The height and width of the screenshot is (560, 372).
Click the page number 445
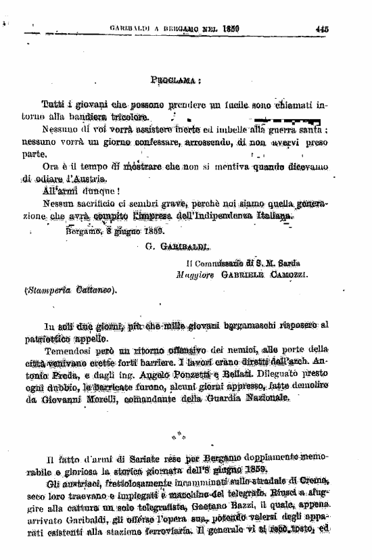pyautogui.click(x=321, y=28)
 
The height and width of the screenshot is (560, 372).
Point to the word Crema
pyautogui.click(x=312, y=480)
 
